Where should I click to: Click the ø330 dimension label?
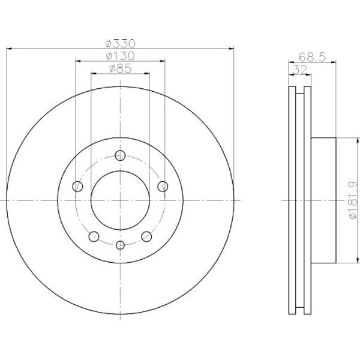(120, 43)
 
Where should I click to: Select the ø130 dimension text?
(120, 56)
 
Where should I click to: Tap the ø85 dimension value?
(120, 69)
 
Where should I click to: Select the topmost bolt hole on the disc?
(120, 156)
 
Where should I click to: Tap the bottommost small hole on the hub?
(120, 245)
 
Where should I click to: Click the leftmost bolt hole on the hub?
(77, 187)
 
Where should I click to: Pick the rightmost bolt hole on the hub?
(163, 187)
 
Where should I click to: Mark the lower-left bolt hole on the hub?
(94, 236)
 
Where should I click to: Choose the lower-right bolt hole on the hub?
(146, 236)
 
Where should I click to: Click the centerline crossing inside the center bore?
(120, 200)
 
